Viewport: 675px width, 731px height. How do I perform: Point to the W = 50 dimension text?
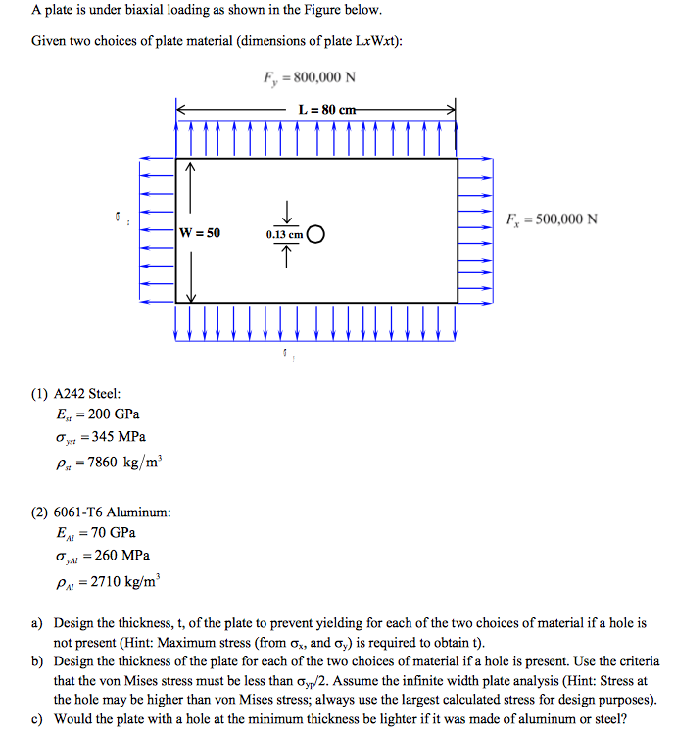click(201, 233)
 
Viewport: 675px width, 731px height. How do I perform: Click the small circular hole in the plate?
click(314, 234)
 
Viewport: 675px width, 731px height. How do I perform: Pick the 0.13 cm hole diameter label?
click(284, 235)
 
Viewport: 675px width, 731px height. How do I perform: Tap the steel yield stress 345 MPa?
click(121, 437)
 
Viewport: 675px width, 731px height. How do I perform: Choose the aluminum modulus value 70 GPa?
click(112, 533)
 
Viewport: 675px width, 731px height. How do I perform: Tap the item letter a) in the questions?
click(36, 623)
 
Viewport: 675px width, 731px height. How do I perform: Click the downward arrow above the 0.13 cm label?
click(288, 212)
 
